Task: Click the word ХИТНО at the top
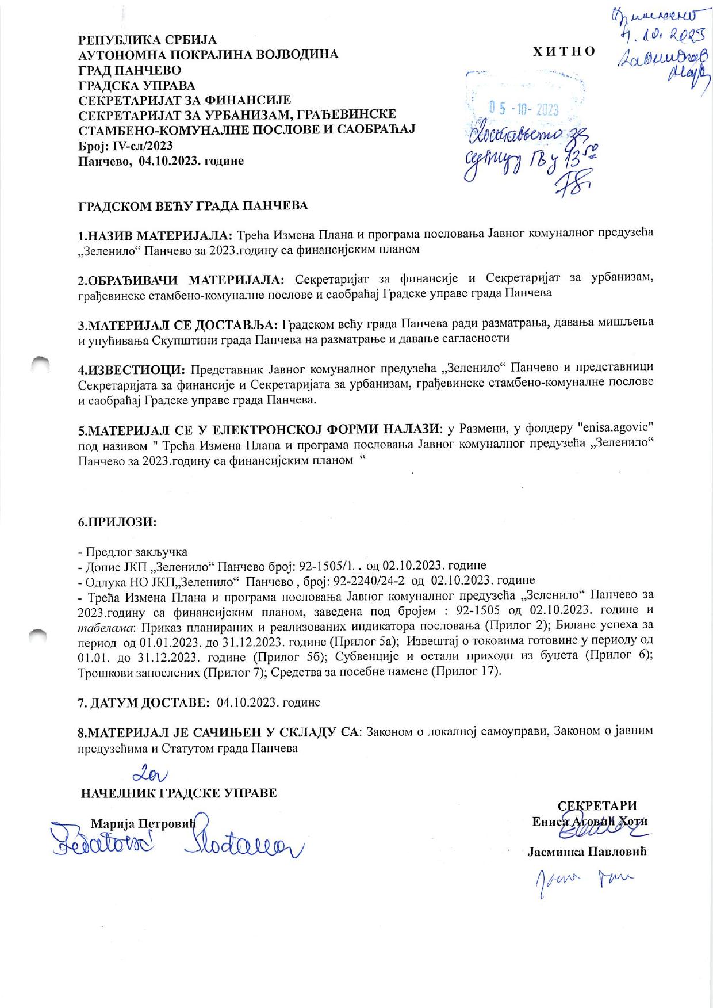(563, 51)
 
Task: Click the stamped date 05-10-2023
(523, 109)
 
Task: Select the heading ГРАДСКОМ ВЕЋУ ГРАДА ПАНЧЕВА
(193, 205)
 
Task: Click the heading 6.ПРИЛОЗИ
(118, 522)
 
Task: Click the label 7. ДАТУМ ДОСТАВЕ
(144, 702)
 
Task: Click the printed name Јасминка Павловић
(587, 852)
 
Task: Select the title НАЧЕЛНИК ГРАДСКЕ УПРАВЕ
(179, 793)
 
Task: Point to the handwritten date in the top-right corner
(655, 39)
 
